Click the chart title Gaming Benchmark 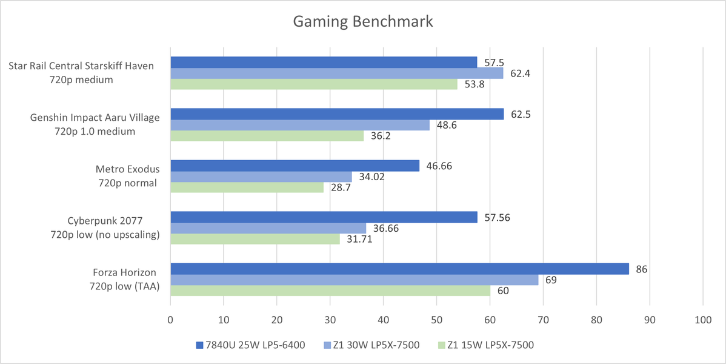[363, 22]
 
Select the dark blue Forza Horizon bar [399, 269]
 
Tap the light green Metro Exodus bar [247, 187]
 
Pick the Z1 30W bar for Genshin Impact [299, 125]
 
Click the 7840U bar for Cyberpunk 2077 [324, 217]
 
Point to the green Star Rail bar [313, 84]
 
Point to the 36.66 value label [385, 228]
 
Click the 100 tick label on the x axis [702, 319]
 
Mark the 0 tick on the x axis [170, 319]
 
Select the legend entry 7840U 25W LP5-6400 [250, 345]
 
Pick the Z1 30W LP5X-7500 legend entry [371, 345]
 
